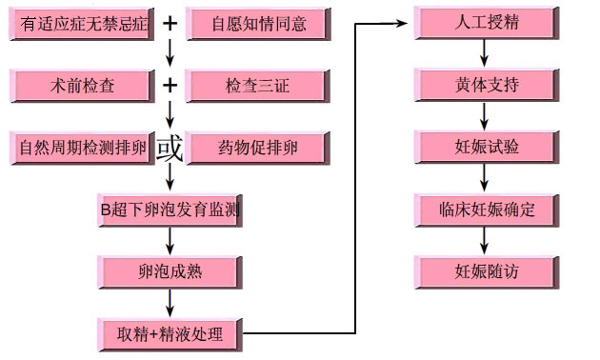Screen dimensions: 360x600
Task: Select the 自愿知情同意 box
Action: pos(258,23)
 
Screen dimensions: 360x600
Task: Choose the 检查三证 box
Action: pos(258,86)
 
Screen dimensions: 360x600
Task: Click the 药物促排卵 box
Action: pos(258,148)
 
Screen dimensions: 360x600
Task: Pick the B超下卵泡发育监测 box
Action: pos(170,210)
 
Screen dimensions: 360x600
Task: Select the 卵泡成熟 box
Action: pos(170,271)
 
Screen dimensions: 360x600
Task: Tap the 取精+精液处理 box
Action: pos(170,334)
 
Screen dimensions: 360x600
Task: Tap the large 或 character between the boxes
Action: pos(170,149)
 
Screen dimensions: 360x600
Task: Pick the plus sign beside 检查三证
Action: pos(170,86)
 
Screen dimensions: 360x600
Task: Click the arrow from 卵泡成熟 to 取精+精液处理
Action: pos(170,303)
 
